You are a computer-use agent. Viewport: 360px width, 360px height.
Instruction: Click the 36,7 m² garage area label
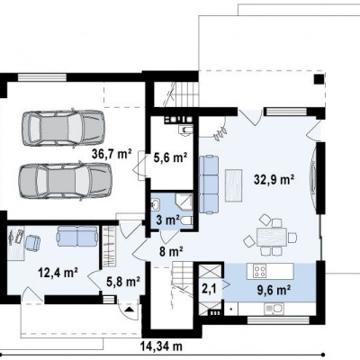pos(112,154)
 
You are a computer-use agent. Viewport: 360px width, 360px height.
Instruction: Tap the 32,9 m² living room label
pos(274,179)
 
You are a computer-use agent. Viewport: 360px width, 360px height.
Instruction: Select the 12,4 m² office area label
pos(58,273)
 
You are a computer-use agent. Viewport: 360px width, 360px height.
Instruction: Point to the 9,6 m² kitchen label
pos(274,290)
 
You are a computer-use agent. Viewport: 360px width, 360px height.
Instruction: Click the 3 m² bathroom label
pos(168,220)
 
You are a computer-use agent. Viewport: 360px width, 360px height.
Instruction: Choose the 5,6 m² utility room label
pos(170,157)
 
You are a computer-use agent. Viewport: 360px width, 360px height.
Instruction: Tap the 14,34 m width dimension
pos(161,346)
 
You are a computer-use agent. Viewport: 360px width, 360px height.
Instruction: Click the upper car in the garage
pos(63,127)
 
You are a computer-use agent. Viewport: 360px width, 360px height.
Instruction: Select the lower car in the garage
pos(65,181)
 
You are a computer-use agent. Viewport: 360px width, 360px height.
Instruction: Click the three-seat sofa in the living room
pos(209,184)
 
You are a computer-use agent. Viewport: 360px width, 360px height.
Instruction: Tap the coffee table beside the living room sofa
pos(233,185)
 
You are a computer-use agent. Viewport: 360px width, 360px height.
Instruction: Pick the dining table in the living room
pos(272,237)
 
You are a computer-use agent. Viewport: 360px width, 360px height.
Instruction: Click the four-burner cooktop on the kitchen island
pos(259,272)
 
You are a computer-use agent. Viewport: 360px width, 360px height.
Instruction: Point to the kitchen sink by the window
pos(274,309)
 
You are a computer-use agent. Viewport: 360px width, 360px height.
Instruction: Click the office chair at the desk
pos(32,242)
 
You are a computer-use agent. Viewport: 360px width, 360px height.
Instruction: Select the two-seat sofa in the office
pos(76,236)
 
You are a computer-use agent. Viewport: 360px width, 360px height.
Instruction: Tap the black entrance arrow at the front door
pos(129,310)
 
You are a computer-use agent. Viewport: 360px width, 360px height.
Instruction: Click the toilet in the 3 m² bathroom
pos(186,220)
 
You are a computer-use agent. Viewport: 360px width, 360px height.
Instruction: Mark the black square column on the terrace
pos(319,79)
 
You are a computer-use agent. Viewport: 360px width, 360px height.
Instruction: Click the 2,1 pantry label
pos(208,289)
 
